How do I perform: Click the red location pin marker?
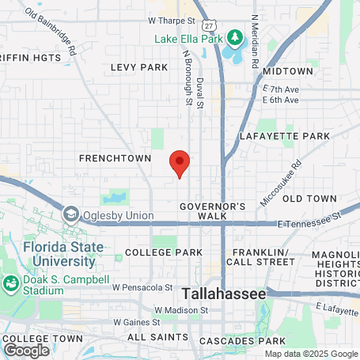point(180,163)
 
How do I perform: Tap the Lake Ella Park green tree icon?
point(234,36)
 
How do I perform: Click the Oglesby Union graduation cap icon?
point(70,214)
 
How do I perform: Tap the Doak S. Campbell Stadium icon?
point(12,282)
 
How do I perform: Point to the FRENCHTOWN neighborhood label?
point(115,158)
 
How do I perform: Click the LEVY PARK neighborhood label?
point(139,67)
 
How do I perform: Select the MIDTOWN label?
point(288,71)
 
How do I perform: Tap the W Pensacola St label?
point(142,287)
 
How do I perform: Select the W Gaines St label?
point(136,322)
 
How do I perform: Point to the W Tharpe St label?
point(171,21)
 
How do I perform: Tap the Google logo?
point(26,349)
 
